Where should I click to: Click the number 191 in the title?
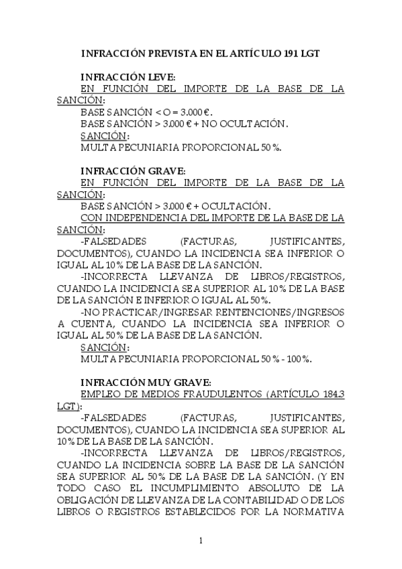tap(284, 52)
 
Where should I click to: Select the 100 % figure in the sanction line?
tap(298, 359)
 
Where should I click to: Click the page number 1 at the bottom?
tap(201, 540)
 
